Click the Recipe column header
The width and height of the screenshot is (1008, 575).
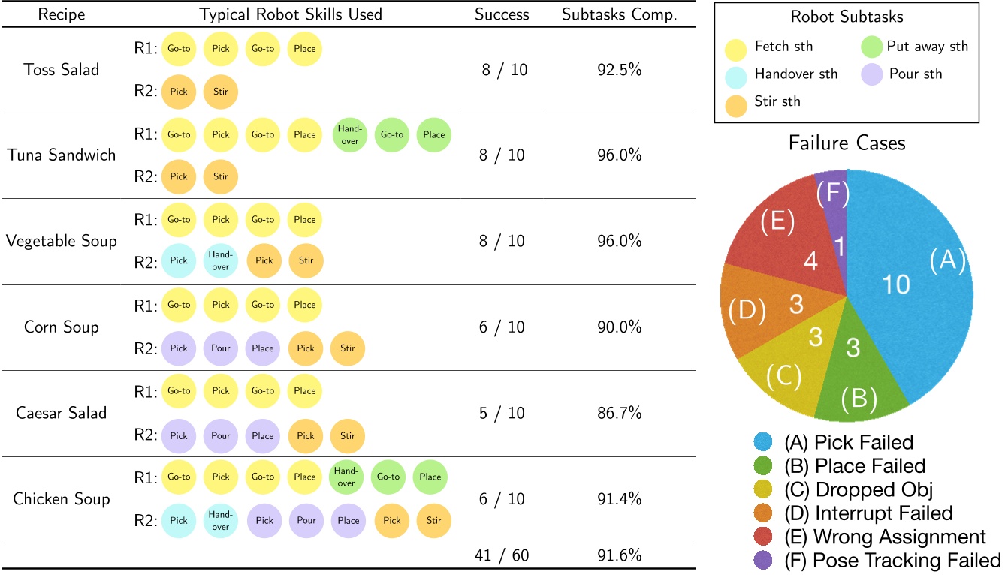[61, 14]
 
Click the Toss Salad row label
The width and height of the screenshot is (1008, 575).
[61, 69]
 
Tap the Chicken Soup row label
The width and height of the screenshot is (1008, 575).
[61, 499]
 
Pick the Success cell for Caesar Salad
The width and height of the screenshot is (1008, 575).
[502, 413]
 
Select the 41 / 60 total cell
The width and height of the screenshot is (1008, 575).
[502, 556]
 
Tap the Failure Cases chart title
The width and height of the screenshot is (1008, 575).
[846, 143]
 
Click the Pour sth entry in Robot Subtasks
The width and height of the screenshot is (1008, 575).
[901, 74]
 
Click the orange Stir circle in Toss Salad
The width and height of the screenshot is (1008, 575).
[220, 92]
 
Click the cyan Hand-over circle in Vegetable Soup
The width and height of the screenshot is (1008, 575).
[220, 262]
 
